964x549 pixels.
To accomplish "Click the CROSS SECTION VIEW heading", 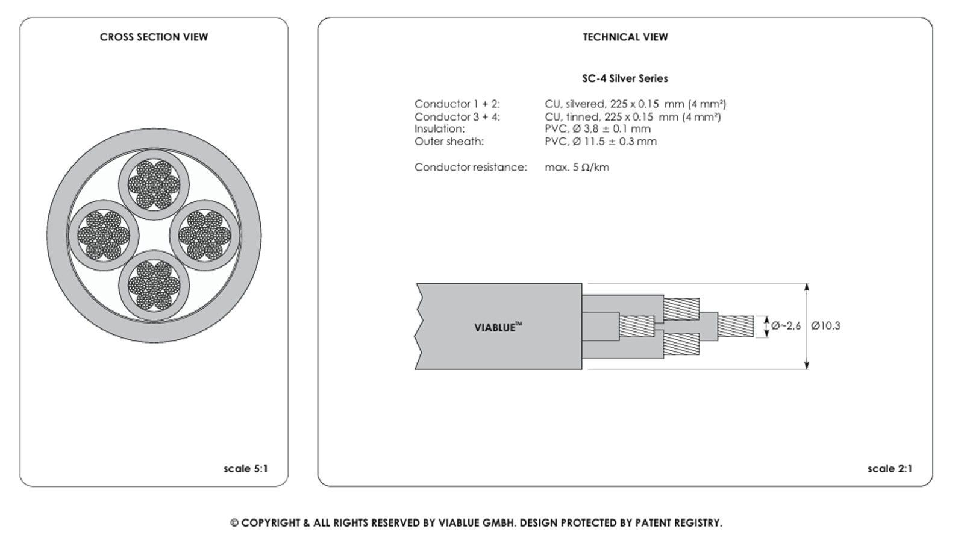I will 154,37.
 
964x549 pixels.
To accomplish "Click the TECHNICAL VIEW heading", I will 625,37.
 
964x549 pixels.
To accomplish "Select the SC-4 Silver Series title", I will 625,78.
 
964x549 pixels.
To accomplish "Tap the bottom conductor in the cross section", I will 154,286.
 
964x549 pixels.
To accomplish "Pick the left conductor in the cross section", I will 103,234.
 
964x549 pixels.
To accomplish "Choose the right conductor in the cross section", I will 205,234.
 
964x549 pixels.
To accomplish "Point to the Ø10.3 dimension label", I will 825,326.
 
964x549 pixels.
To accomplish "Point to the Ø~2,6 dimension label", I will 786,326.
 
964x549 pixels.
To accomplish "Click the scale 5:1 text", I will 245,469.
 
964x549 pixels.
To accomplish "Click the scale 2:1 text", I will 889,469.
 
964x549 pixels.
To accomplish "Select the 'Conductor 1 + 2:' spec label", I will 457,104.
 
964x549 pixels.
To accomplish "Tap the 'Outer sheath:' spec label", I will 449,142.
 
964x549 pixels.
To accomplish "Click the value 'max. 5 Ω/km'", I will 577,168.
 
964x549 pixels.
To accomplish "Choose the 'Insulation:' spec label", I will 439,129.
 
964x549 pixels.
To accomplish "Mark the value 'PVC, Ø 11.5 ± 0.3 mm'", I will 600,142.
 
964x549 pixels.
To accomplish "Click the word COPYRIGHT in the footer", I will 271,523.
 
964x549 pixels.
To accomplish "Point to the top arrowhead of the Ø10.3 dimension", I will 807,287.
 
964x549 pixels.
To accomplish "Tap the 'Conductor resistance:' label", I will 470,168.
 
